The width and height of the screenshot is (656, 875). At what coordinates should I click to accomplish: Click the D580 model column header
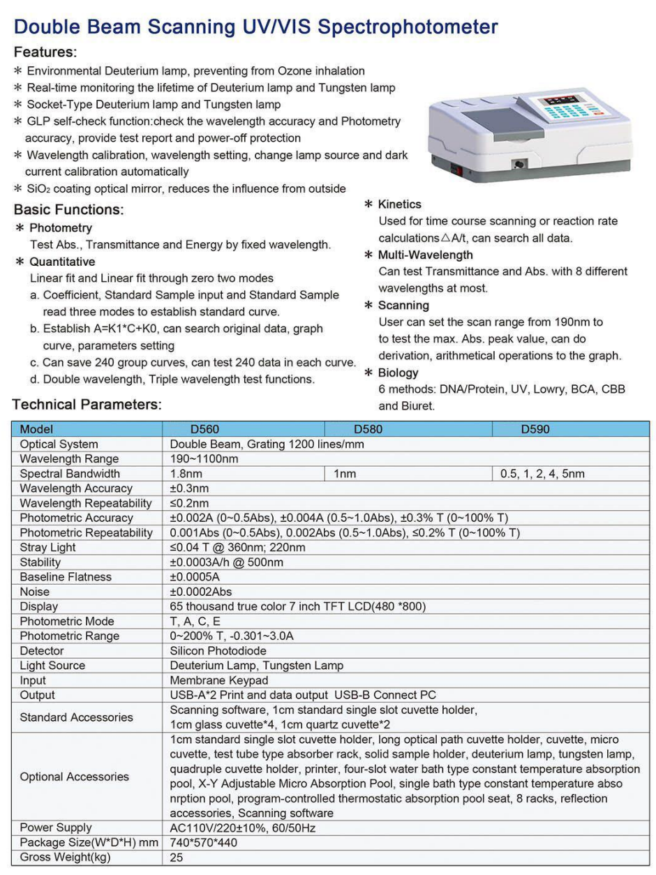(x=368, y=430)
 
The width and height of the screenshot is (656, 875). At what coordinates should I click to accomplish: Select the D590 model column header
(x=535, y=430)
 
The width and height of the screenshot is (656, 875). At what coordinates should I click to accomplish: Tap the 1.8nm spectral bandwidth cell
(x=185, y=474)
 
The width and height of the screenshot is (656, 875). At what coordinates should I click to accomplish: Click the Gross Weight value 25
(x=177, y=858)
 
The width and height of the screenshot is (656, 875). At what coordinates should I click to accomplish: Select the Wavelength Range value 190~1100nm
(x=204, y=459)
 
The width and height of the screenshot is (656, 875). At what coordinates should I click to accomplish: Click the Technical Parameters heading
(x=87, y=405)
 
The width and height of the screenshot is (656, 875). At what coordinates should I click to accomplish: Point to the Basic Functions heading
(x=68, y=209)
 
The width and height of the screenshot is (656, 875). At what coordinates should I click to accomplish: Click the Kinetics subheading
(x=399, y=204)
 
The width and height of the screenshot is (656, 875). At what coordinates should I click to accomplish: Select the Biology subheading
(x=398, y=373)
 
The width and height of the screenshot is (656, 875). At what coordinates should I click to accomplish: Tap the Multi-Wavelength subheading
(x=425, y=255)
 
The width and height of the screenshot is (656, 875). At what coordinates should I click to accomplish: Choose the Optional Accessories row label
(x=74, y=777)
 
